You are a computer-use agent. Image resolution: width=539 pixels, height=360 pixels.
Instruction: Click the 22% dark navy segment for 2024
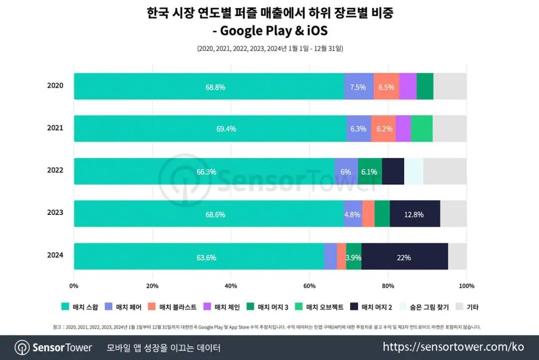405,257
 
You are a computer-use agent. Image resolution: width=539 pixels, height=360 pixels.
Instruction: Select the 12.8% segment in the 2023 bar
415,214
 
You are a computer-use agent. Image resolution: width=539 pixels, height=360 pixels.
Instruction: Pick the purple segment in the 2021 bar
403,129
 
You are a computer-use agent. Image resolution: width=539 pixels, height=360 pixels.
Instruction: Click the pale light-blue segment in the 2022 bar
414,172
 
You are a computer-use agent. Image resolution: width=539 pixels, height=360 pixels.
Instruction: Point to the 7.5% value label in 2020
358,87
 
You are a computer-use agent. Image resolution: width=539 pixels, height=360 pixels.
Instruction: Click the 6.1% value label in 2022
369,172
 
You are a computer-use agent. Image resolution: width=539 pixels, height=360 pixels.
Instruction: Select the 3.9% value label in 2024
353,258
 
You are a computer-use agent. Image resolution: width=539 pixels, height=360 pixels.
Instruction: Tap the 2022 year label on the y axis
55,170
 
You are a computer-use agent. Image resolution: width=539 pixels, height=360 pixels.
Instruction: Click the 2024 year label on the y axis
55,255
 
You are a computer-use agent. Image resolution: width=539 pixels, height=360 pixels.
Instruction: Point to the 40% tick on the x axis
231,286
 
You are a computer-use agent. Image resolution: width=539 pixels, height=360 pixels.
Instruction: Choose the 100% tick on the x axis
466,286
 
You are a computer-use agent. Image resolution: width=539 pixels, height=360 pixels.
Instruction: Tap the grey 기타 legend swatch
460,307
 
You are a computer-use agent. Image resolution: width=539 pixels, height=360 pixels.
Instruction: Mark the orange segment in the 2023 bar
368,214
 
